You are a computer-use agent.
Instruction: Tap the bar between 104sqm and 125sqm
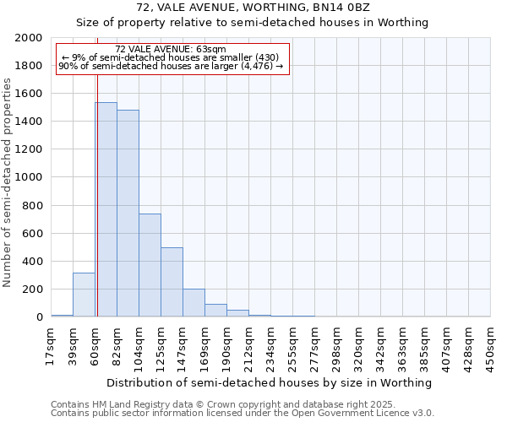150,265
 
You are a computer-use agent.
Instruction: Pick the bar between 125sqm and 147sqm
172,282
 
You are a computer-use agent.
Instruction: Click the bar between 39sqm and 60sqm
84,295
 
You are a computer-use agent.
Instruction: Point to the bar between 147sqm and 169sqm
194,303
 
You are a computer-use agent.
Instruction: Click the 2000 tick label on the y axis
29,38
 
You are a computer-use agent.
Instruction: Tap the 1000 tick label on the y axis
29,177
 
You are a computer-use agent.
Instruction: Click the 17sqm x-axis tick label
51,346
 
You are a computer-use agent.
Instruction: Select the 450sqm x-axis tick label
490,346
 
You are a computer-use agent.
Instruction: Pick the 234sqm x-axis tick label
270,346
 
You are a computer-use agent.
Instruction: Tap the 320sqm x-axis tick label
358,346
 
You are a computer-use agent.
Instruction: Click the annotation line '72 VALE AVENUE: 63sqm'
171,50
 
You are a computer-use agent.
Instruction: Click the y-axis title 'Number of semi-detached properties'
8,181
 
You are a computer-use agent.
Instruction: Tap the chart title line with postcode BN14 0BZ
253,8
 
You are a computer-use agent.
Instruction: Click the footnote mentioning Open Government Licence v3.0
242,414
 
